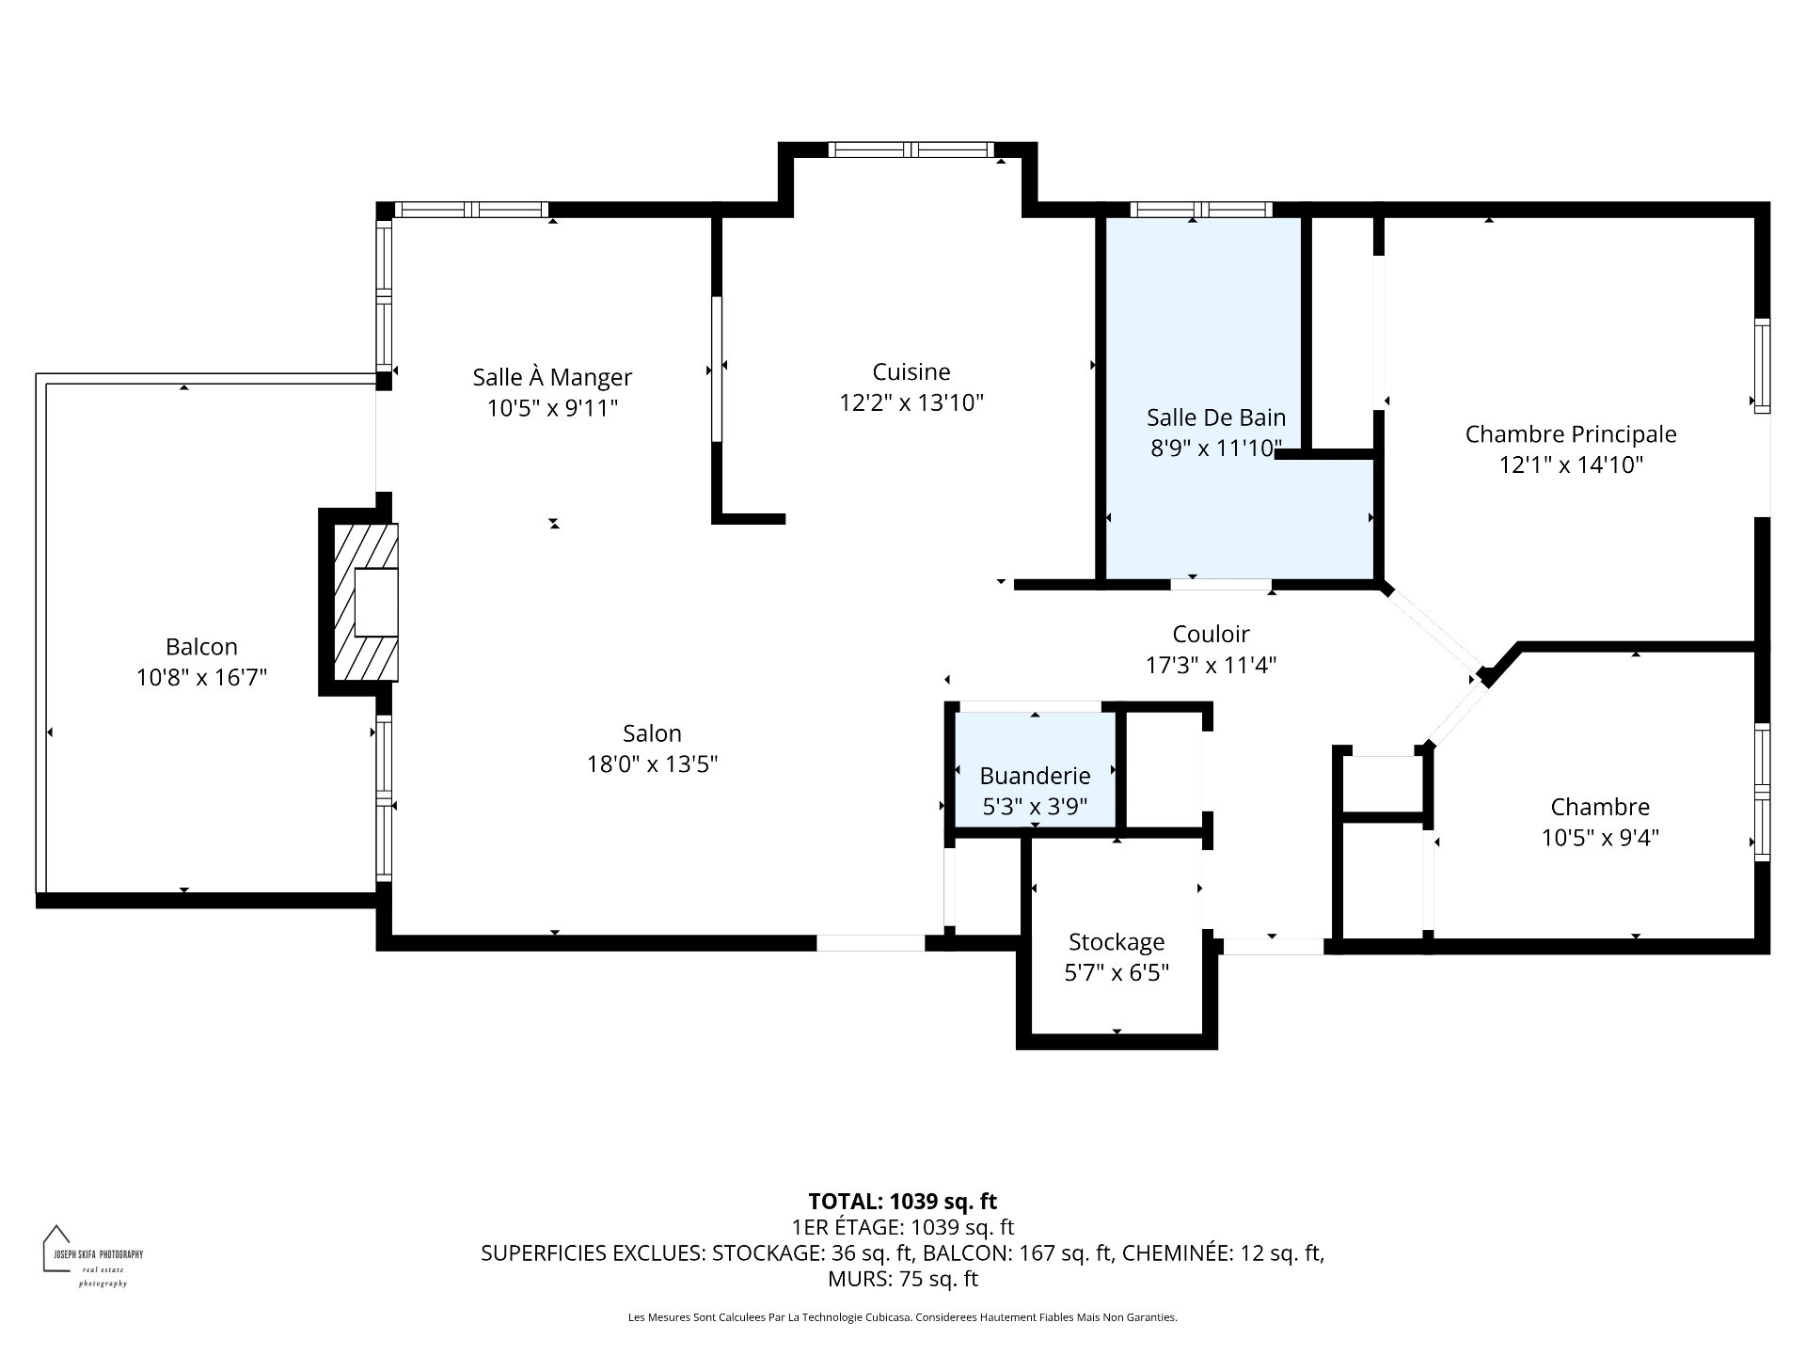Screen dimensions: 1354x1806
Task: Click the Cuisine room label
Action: [911, 371]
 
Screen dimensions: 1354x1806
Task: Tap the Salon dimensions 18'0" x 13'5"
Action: [652, 764]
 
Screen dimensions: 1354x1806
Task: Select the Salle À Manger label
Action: [552, 377]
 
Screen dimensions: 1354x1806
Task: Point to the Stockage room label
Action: [1116, 941]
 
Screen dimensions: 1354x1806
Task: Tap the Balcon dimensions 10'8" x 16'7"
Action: [201, 677]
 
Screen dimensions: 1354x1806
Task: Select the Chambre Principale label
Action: [1570, 434]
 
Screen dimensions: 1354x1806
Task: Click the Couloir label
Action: [1210, 634]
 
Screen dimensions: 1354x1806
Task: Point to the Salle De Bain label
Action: [1215, 417]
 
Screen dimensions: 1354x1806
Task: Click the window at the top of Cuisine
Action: [910, 150]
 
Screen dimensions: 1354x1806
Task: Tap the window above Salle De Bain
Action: [1200, 210]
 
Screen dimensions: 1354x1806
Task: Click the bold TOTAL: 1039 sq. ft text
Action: [902, 1201]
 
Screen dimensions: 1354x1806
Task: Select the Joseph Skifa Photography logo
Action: [92, 1255]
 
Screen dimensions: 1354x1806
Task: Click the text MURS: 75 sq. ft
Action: [902, 1279]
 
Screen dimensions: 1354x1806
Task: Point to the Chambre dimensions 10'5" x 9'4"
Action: [1599, 837]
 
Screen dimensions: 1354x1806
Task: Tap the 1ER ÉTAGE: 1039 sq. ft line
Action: [902, 1227]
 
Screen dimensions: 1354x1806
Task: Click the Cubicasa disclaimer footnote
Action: [902, 1317]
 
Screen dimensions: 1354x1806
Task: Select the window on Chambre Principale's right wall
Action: [1762, 366]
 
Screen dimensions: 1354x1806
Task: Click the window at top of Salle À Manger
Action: [471, 210]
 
